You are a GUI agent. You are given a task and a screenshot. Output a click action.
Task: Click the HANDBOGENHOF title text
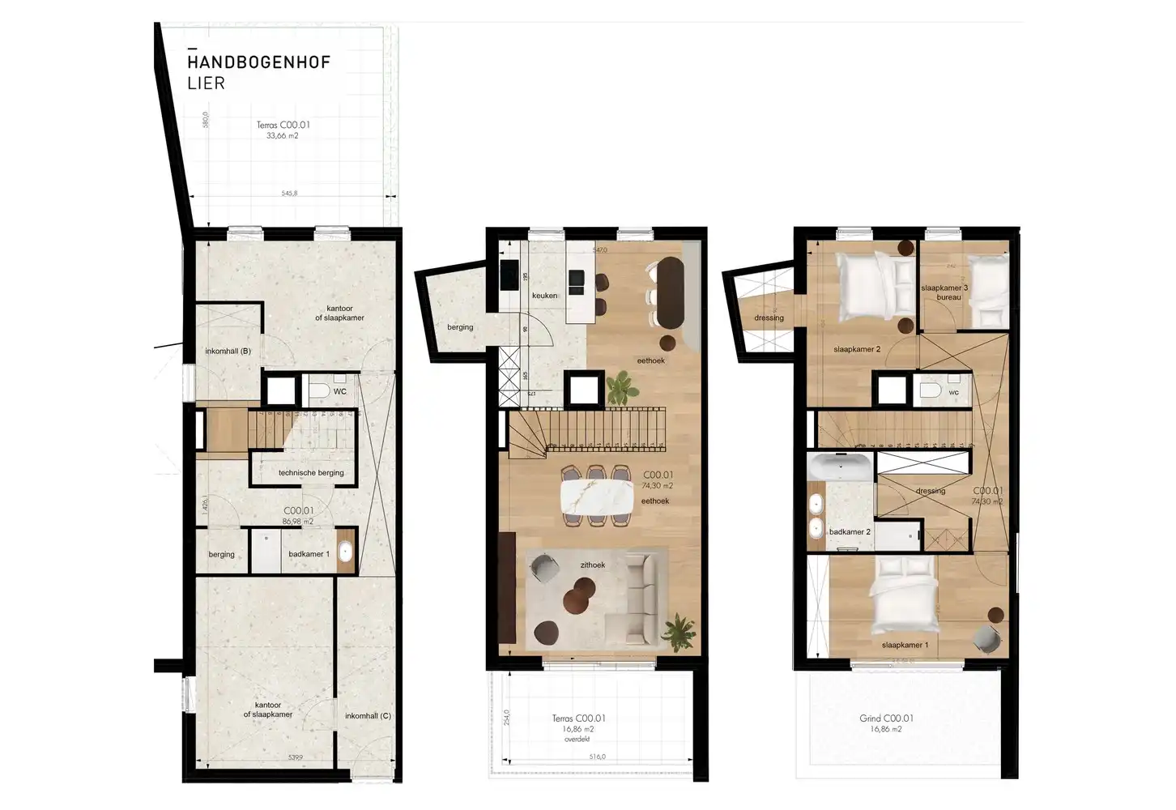[x=258, y=62]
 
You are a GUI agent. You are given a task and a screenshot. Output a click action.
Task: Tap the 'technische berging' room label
[x=311, y=472]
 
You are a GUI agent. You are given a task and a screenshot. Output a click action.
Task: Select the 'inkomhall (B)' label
[x=228, y=352]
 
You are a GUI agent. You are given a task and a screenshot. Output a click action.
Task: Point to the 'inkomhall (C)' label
[x=368, y=716]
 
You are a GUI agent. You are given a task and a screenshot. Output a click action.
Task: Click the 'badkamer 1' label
[x=309, y=554]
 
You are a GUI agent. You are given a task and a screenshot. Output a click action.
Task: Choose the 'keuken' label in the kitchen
[x=544, y=296]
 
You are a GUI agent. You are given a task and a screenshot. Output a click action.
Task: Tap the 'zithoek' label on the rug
[x=592, y=565]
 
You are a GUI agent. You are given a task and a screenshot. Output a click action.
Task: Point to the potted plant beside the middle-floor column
[x=621, y=386]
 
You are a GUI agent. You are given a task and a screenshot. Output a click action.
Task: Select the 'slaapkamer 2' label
[x=856, y=350]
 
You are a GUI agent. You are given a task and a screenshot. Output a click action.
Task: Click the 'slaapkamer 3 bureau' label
[x=944, y=292]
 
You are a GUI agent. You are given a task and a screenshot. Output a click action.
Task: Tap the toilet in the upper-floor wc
[x=931, y=392]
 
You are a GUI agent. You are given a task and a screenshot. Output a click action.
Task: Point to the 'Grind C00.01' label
[x=886, y=718]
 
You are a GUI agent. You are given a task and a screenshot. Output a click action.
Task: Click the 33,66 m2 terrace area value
[x=283, y=136]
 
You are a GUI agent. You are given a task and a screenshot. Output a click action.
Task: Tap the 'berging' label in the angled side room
[x=460, y=328]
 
